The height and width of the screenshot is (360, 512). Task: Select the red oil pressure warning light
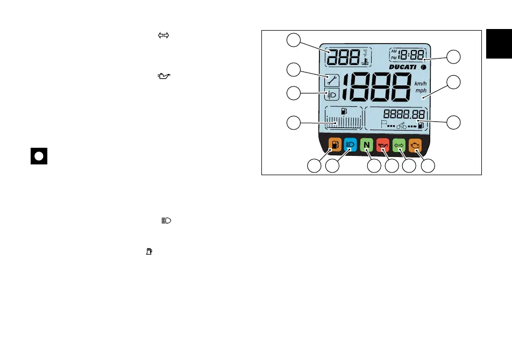pyautogui.click(x=383, y=145)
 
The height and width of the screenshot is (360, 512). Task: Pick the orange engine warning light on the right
pyautogui.click(x=415, y=145)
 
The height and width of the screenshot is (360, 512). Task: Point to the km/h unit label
pyautogui.click(x=421, y=84)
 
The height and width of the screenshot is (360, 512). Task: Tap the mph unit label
pyautogui.click(x=421, y=91)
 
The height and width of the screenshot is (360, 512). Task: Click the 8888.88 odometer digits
pyautogui.click(x=405, y=114)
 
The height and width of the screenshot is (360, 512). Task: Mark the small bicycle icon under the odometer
pyautogui.click(x=401, y=126)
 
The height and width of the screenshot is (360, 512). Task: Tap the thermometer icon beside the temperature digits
pyautogui.click(x=365, y=61)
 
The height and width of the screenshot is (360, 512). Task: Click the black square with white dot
pyautogui.click(x=39, y=156)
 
